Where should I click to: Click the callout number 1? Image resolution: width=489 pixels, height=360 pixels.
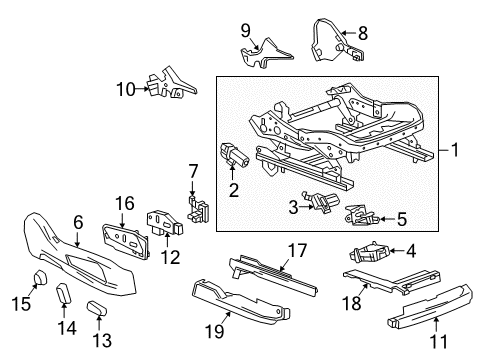(455, 152)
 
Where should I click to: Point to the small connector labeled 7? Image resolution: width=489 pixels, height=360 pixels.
(200, 208)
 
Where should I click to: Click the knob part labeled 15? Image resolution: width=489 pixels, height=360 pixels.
(37, 277)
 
